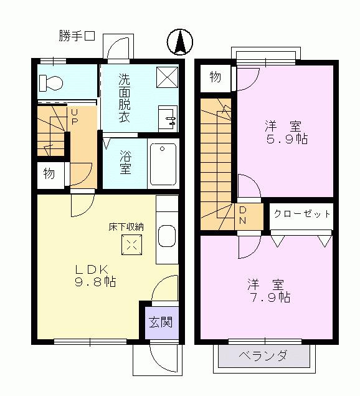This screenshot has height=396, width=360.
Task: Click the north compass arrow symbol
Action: tap(180, 42)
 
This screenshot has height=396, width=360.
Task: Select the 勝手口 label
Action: tap(76, 36)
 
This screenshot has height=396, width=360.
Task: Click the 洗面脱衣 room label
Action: tap(125, 99)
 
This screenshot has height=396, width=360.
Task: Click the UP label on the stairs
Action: tap(74, 117)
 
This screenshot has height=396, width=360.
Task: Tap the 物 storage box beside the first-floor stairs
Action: tap(49, 174)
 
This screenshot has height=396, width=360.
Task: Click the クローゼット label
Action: tap(302, 214)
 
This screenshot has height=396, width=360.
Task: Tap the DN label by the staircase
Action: tap(243, 215)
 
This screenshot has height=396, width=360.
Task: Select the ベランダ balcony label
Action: tap(264, 356)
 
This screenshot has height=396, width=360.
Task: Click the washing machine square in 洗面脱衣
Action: tap(167, 77)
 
